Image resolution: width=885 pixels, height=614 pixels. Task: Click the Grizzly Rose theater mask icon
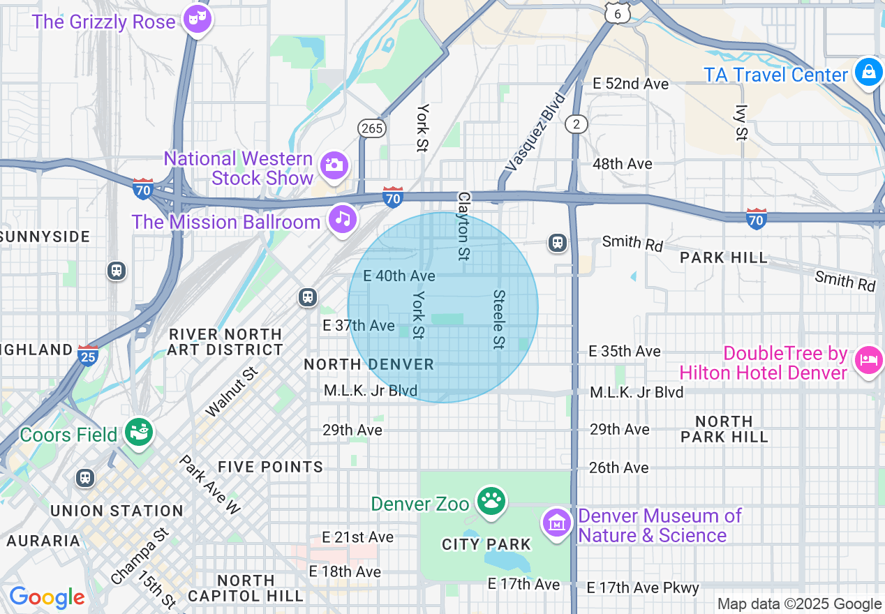coord(197,19)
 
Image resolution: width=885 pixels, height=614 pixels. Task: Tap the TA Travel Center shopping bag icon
coord(868,73)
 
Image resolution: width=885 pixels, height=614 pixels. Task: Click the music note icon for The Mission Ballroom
coord(342,219)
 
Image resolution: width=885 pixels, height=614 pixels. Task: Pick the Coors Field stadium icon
coord(139,433)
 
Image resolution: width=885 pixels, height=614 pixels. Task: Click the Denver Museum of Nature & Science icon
coord(558,522)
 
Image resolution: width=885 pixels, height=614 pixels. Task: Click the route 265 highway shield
coord(371,128)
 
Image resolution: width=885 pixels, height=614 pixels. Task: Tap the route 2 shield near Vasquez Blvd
coord(577,123)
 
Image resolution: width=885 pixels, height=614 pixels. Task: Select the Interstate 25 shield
coord(87,355)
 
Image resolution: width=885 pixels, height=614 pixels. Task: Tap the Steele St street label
coord(498,320)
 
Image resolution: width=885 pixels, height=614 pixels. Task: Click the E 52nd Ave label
coord(630,84)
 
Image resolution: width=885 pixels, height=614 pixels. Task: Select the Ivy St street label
coord(741,123)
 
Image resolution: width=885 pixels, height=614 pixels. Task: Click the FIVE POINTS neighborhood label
coord(270,467)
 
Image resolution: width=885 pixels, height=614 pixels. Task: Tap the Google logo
coord(47,598)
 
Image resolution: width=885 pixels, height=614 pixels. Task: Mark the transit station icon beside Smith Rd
coord(558,242)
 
